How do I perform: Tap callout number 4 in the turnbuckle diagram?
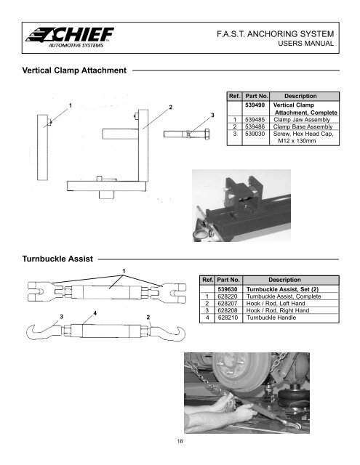[95, 312]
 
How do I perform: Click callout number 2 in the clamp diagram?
[169, 108]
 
